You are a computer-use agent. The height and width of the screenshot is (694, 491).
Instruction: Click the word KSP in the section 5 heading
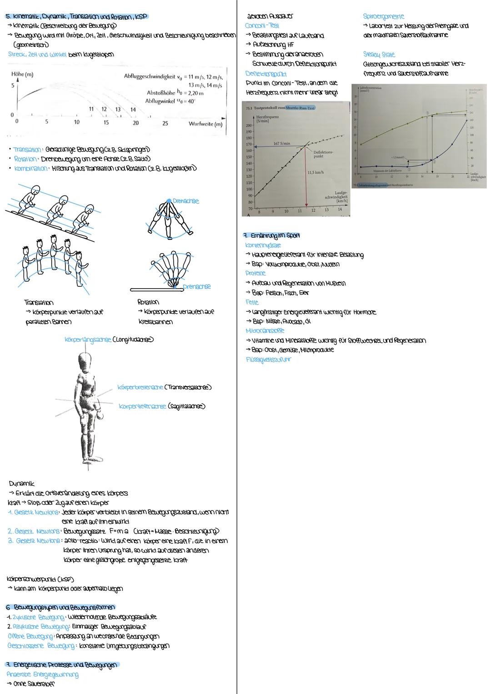tap(140, 16)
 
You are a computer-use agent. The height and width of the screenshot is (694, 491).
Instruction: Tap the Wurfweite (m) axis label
tap(205, 124)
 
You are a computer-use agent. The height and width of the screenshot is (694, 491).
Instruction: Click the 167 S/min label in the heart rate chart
tap(282, 143)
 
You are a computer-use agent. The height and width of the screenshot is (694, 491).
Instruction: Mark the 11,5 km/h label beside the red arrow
tap(316, 173)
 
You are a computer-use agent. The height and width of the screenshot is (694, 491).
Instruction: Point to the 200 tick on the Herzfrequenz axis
tap(249, 125)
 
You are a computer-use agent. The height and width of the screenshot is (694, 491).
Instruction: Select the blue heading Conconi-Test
tap(262, 26)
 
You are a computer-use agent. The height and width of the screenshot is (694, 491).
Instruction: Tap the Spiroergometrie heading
tap(383, 16)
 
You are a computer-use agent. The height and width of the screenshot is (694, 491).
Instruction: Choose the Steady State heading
tap(379, 55)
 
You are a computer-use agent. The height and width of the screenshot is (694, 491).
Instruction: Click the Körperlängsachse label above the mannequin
tap(87, 340)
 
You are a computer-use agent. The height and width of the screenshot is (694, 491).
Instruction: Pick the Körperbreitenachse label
tap(140, 387)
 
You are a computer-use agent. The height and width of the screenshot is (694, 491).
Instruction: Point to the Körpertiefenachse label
tap(142, 406)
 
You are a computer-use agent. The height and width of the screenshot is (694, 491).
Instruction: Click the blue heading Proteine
tap(255, 274)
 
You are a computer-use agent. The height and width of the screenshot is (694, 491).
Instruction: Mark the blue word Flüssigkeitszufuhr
tap(268, 360)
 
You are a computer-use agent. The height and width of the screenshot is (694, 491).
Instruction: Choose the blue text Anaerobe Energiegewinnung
tap(42, 674)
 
